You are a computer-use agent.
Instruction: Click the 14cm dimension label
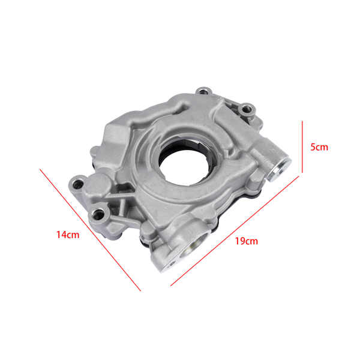(x=68, y=235)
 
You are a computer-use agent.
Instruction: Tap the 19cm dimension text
(x=246, y=241)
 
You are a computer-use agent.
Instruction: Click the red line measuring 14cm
(x=90, y=230)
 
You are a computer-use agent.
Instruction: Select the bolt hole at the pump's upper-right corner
(x=245, y=110)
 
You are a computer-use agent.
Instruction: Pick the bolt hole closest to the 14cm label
(x=97, y=214)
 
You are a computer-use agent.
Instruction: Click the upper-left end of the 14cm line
(x=41, y=169)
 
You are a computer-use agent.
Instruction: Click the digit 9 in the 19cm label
(x=242, y=241)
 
